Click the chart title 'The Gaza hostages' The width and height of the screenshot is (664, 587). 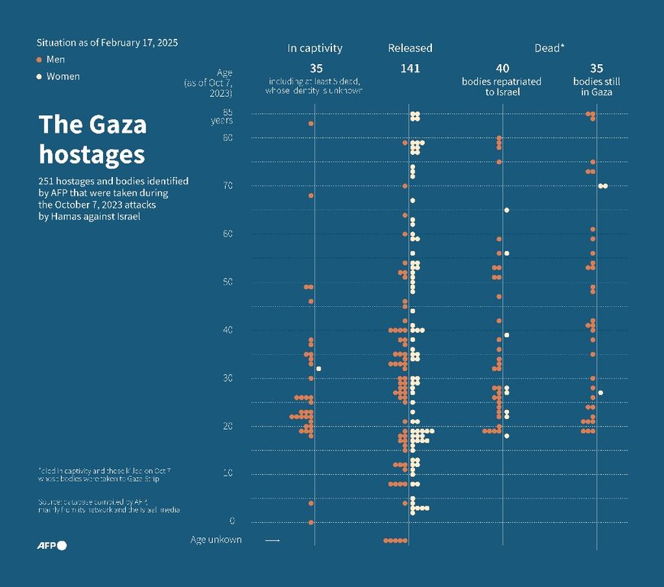click(x=92, y=140)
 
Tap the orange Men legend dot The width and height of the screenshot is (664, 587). click(x=39, y=60)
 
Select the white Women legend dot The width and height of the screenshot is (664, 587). click(x=39, y=76)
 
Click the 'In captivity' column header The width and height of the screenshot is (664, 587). click(x=314, y=48)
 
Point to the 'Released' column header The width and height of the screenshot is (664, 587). click(x=410, y=48)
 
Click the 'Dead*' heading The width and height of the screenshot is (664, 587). click(x=550, y=48)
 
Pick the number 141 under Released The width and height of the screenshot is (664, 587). click(x=410, y=69)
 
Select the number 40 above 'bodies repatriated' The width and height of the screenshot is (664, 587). click(x=501, y=69)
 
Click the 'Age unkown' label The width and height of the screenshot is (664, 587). click(x=216, y=540)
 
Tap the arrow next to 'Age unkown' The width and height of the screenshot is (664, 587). click(x=272, y=540)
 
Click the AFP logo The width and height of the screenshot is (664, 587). click(x=52, y=545)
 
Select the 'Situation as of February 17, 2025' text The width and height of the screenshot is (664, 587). click(x=107, y=43)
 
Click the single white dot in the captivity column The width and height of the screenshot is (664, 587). click(x=318, y=369)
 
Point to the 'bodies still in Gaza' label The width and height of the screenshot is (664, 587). click(x=597, y=86)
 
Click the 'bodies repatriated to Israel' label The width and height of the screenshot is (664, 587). click(x=501, y=86)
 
